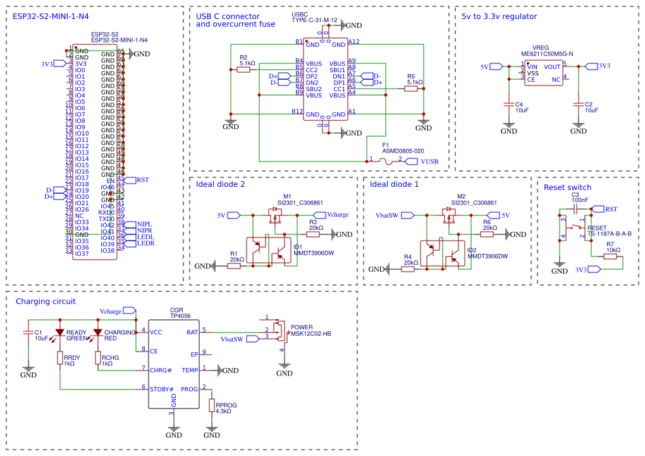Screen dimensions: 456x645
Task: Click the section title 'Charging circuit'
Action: click(x=46, y=301)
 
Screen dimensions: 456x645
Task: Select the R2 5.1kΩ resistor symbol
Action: click(x=243, y=70)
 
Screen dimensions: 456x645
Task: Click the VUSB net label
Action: click(x=429, y=161)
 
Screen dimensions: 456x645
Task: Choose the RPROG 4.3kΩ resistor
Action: click(x=212, y=405)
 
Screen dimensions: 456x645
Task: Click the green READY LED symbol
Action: click(x=59, y=332)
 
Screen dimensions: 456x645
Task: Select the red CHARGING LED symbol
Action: click(x=97, y=332)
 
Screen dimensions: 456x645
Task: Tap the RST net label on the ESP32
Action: click(x=142, y=180)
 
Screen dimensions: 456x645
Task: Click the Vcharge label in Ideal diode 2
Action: click(x=338, y=215)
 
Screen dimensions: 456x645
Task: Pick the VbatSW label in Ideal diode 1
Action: click(x=387, y=215)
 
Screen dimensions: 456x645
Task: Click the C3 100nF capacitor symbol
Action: click(x=575, y=209)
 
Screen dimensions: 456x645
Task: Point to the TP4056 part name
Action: click(x=180, y=315)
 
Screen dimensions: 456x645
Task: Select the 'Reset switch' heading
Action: click(x=567, y=187)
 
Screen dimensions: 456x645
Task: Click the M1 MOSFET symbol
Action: click(x=276, y=218)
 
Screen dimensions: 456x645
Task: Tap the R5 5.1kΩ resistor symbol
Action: click(x=412, y=89)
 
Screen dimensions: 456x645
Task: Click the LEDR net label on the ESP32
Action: click(x=145, y=243)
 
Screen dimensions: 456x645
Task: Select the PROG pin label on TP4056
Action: click(x=189, y=389)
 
